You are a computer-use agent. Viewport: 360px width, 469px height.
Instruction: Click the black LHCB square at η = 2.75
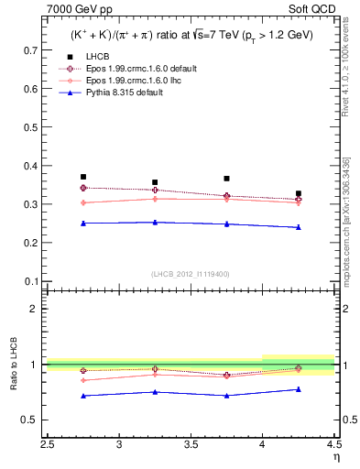(83, 177)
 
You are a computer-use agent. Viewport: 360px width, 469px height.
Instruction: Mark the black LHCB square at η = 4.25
(299, 194)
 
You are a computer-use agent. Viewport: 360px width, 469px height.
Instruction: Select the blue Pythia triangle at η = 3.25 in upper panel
(155, 222)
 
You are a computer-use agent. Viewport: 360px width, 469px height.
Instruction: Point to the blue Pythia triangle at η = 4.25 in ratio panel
(299, 389)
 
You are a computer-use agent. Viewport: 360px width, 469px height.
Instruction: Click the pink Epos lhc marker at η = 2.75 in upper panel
(83, 202)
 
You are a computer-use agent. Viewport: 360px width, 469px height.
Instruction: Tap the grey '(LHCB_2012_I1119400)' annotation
(191, 274)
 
